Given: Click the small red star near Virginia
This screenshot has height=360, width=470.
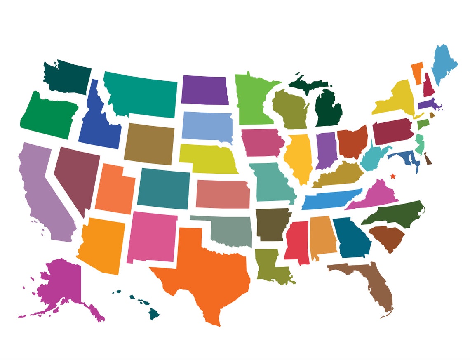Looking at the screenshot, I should coord(392,176).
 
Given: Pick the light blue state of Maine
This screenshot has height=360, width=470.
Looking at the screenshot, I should coord(444,64).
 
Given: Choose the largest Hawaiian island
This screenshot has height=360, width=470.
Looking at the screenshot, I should coord(154,313).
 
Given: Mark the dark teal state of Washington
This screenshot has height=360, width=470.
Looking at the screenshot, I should coord(68,76).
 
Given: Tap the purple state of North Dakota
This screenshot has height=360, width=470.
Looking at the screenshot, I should coord(204,90).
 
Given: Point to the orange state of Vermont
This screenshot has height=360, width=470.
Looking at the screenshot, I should coord(417,72).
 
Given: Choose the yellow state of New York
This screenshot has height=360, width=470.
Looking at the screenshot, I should coord(396,99).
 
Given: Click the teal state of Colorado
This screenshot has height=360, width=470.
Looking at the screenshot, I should coord(164,188).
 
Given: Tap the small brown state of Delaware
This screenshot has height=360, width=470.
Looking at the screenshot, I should coord(428,159).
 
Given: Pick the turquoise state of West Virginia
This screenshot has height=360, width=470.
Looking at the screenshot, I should coord(373,159).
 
